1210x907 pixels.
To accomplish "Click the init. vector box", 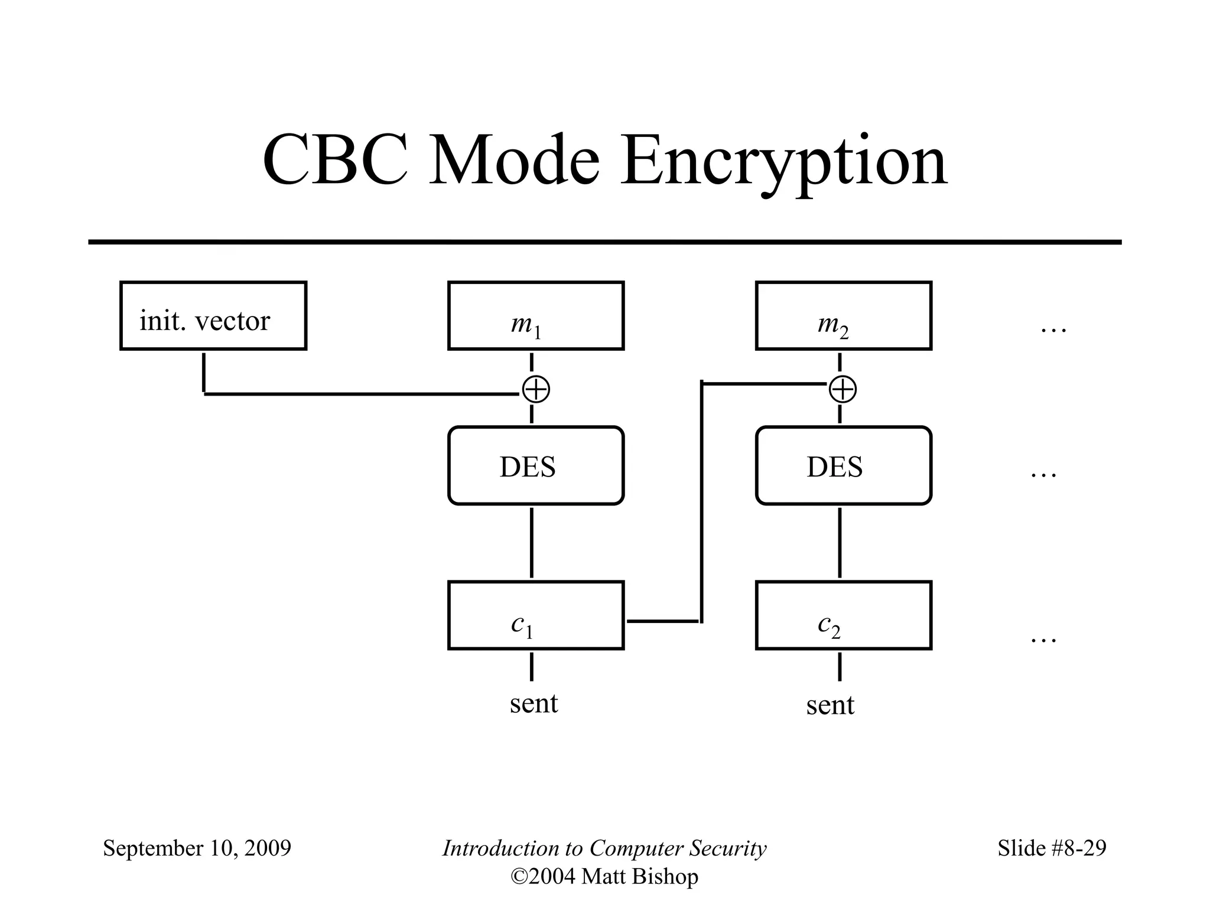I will click(213, 316).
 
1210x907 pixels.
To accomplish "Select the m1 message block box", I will click(536, 316).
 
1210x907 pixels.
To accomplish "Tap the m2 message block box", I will click(844, 316).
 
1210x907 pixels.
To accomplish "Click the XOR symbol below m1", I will click(536, 390).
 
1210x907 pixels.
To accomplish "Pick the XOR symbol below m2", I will click(843, 390).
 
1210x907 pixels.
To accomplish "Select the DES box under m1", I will click(536, 466).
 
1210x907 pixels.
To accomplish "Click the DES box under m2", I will click(844, 466).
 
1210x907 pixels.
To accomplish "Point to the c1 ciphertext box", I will click(536, 615).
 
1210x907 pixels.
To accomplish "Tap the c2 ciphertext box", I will click(844, 615).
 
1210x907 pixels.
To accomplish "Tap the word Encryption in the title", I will click(783, 162).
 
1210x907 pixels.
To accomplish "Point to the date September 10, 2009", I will click(197, 849).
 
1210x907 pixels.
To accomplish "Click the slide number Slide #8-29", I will click(1052, 849).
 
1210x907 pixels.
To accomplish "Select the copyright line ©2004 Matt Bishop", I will click(604, 877).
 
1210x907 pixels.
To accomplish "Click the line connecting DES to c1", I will click(532, 542).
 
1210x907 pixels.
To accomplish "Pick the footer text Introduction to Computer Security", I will click(604, 849).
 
